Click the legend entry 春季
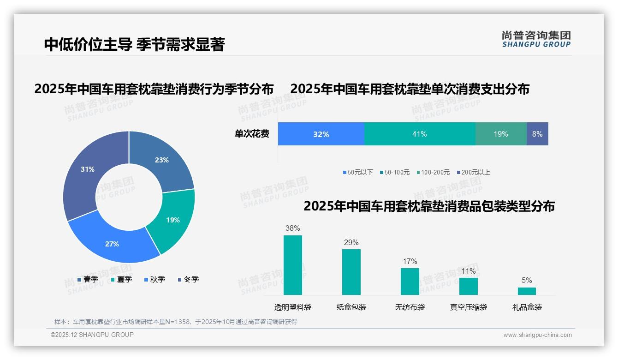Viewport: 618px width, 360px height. click(x=88, y=279)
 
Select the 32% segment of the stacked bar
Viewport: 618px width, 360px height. click(x=321, y=134)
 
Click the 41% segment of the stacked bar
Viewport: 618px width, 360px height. click(x=420, y=134)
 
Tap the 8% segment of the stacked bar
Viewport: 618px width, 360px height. click(x=537, y=134)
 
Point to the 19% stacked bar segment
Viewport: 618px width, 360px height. click(x=501, y=134)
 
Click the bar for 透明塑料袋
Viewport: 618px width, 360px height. click(x=293, y=265)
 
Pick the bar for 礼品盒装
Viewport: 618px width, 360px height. click(x=527, y=291)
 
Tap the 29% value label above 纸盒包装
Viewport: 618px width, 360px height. click(x=351, y=242)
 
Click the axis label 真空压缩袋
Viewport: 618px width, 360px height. click(x=469, y=307)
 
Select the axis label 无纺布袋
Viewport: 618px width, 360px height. click(x=410, y=307)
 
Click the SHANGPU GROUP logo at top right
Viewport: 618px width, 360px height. click(x=536, y=39)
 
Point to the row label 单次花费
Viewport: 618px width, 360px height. click(x=252, y=134)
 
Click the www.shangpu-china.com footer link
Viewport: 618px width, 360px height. click(x=537, y=335)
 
